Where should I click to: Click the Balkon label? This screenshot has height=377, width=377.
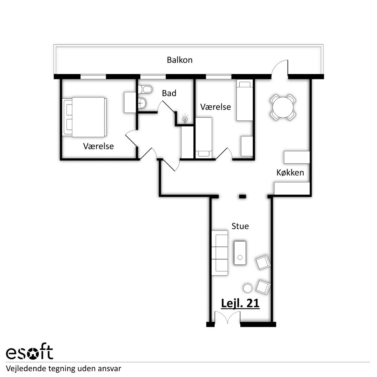point(180,60)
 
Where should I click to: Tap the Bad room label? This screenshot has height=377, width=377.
point(169,93)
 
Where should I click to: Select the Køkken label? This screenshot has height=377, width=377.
point(290,172)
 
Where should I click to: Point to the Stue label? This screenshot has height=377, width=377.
point(240,226)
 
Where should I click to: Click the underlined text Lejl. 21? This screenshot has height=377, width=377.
point(240,303)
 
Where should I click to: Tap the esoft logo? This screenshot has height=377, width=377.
point(29,352)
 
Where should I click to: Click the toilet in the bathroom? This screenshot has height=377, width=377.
point(145,89)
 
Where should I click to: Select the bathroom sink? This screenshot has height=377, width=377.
point(142,103)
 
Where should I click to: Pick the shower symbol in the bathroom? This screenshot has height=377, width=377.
point(185,119)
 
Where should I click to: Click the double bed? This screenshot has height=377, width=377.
point(85,117)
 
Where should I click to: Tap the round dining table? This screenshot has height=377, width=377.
point(283,107)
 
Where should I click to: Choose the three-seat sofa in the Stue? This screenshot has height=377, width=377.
point(220,253)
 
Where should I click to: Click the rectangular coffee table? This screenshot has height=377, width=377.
point(240,253)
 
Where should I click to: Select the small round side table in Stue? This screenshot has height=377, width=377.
point(247,288)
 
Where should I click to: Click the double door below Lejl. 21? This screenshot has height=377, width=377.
point(227,317)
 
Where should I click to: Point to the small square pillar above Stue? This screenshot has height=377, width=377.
point(242,197)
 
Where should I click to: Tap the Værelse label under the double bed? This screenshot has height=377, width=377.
point(98,146)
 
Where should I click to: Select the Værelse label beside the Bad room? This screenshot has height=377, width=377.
point(215,107)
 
